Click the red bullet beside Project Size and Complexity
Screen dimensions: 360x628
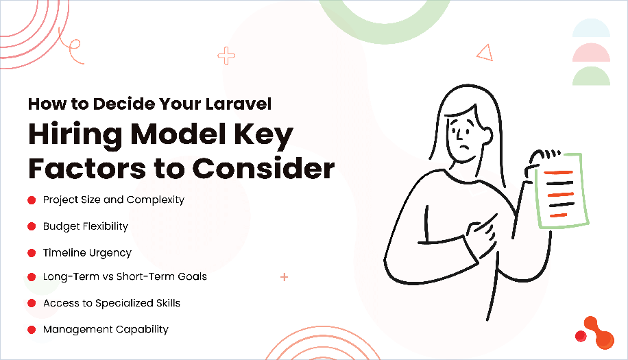[32, 200]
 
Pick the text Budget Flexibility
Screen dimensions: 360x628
[85, 226]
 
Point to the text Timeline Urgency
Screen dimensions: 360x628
[87, 252]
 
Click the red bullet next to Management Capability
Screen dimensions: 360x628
[32, 330]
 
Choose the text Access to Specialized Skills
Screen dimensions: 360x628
[111, 303]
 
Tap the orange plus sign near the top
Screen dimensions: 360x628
[226, 56]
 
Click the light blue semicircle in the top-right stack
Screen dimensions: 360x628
[591, 29]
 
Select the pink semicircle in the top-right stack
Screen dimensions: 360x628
[591, 53]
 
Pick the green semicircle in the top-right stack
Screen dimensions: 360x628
[591, 77]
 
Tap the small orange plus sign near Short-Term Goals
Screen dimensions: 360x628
[284, 278]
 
